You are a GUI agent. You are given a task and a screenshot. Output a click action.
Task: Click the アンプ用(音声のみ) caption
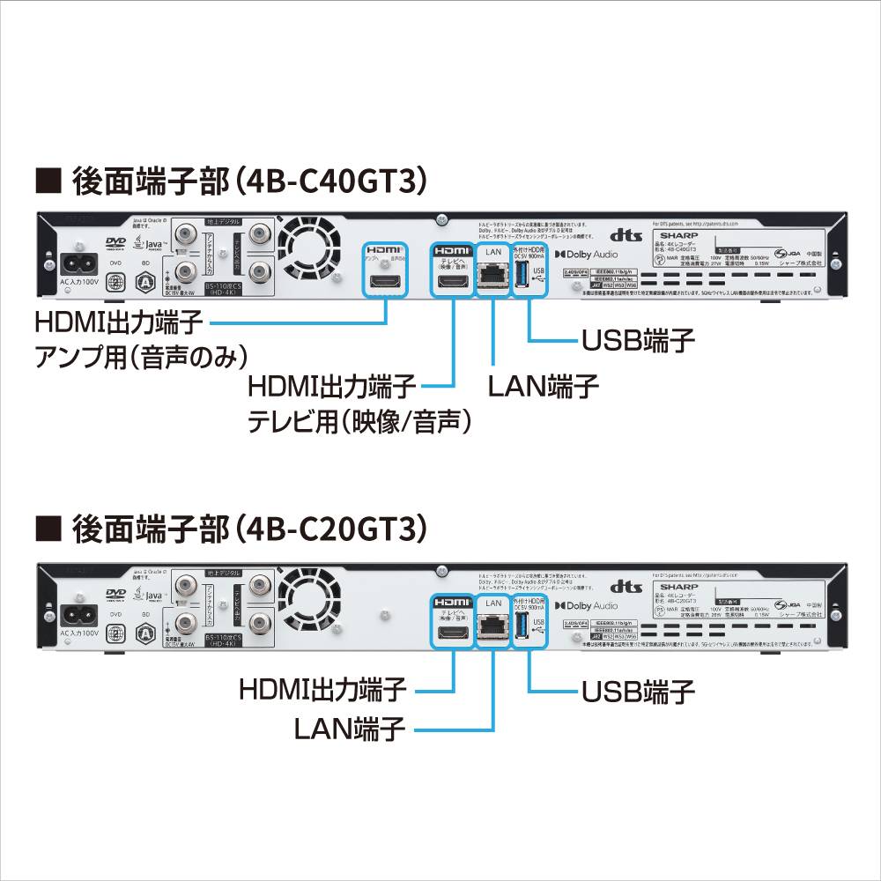tap(140, 357)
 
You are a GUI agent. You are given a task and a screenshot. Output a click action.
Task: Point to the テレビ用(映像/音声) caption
tap(358, 421)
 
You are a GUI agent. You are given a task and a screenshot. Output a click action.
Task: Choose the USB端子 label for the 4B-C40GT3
tap(638, 339)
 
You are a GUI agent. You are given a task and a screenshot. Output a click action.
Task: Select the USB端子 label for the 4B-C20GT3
tap(638, 691)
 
